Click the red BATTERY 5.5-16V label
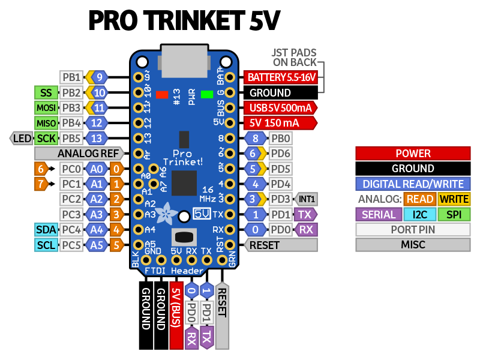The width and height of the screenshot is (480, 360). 280,77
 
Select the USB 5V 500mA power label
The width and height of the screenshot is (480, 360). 280,108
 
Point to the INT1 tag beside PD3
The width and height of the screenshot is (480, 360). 307,199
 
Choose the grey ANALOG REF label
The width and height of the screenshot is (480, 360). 88,154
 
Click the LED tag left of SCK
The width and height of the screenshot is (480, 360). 22,139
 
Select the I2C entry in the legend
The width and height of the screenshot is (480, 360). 420,214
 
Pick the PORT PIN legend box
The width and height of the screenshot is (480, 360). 413,230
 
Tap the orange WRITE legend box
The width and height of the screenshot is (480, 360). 454,199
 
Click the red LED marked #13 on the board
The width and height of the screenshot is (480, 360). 161,94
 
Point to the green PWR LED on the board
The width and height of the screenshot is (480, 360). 208,94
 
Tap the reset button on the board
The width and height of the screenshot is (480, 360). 184,236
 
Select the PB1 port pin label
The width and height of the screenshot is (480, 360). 71,77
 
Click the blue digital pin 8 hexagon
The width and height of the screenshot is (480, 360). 254,139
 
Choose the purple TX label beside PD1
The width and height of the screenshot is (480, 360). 306,214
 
